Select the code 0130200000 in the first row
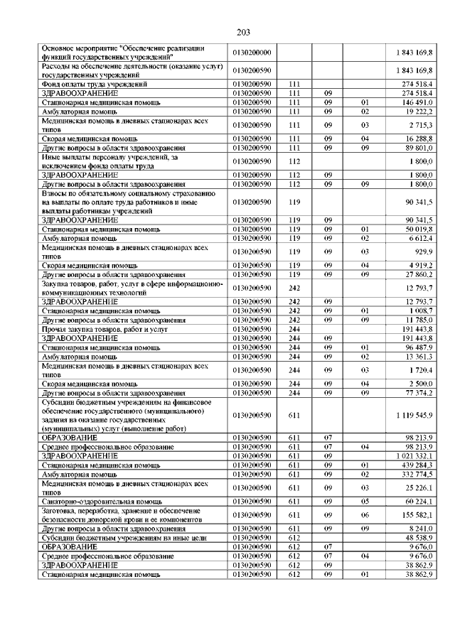(x=252, y=53)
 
